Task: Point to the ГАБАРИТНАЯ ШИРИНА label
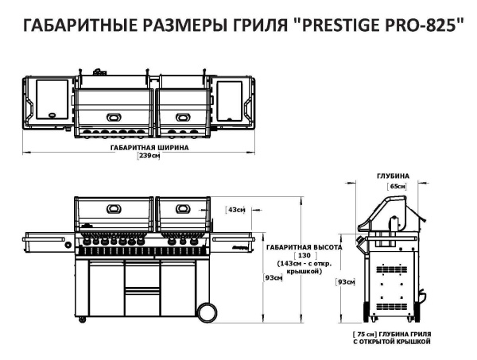(x=149, y=148)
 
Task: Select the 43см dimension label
(x=236, y=210)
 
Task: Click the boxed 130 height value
(x=303, y=255)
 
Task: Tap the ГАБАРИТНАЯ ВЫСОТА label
(x=304, y=246)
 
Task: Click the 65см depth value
(x=396, y=185)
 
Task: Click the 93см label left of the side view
(x=346, y=282)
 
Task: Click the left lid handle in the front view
(x=113, y=210)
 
